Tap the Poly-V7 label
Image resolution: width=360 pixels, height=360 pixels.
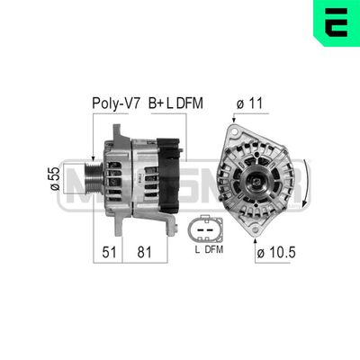(114, 103)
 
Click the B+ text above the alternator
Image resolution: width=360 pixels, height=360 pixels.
(156, 103)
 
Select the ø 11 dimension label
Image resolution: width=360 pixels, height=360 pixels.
(247, 103)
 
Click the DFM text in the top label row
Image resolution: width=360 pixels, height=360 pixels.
(191, 103)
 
